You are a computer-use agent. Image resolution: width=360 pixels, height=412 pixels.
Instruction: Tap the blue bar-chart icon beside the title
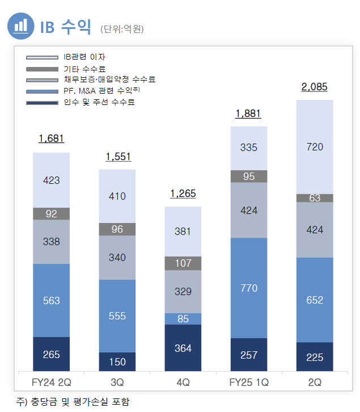pyautogui.click(x=21, y=26)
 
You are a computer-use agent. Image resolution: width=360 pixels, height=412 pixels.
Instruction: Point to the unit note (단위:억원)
pyautogui.click(x=122, y=28)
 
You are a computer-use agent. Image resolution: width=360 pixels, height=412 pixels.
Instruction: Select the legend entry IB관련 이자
pyautogui.click(x=84, y=57)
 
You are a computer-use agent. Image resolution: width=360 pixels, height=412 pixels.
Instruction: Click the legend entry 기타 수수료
pyautogui.click(x=84, y=69)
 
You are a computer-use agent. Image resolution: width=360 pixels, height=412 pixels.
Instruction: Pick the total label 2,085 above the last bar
pyautogui.click(x=314, y=87)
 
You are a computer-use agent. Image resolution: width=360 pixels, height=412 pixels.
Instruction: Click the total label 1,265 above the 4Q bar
pyautogui.click(x=183, y=194)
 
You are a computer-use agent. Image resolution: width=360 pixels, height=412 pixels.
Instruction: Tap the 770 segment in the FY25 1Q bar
pyautogui.click(x=248, y=288)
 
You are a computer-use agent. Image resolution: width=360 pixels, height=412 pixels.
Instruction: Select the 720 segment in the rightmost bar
pyautogui.click(x=314, y=147)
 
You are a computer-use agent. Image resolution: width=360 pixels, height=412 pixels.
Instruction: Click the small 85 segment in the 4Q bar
pyautogui.click(x=183, y=319)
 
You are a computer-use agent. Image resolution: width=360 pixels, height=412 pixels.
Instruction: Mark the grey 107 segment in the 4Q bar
pyautogui.click(x=183, y=263)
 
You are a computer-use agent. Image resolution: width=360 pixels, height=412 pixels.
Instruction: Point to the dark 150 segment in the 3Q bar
pyautogui.click(x=117, y=361)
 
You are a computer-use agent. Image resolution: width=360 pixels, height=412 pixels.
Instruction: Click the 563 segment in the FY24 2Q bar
pyautogui.click(x=51, y=300)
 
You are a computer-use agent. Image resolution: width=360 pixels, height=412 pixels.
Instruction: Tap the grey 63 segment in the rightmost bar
pyautogui.click(x=314, y=198)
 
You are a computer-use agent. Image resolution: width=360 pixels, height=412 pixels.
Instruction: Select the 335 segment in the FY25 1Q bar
pyautogui.click(x=248, y=148)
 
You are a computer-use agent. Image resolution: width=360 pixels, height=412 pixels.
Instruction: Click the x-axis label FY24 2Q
pyautogui.click(x=51, y=382)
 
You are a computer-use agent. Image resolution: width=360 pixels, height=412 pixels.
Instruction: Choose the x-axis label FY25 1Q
pyautogui.click(x=248, y=382)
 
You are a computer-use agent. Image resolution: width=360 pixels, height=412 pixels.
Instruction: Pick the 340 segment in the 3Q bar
pyautogui.click(x=117, y=258)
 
